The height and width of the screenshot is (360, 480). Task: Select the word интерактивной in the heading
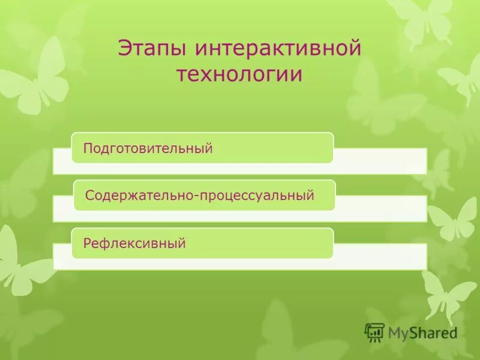pyautogui.click(x=278, y=49)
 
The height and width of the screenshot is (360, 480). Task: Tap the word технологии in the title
pyautogui.click(x=239, y=75)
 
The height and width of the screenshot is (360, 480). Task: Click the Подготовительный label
pyautogui.click(x=148, y=148)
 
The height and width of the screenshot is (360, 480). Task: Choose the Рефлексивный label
pyautogui.click(x=134, y=244)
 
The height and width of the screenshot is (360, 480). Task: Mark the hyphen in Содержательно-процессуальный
pyautogui.click(x=191, y=196)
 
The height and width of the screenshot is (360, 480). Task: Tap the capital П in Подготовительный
pyautogui.click(x=88, y=148)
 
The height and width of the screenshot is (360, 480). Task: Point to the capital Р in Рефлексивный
pyautogui.click(x=87, y=244)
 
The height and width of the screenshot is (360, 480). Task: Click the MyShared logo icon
pyautogui.click(x=374, y=332)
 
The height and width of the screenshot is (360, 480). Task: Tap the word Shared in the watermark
pyautogui.click(x=433, y=332)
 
